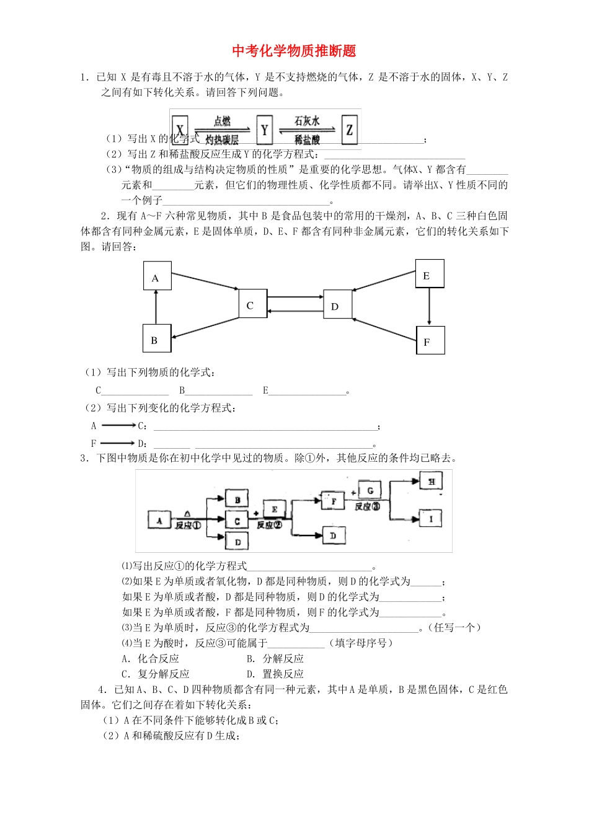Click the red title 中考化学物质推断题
(x=294, y=50)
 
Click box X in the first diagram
(x=180, y=130)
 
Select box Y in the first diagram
(x=265, y=130)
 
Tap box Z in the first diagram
(x=350, y=130)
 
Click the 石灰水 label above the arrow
(x=307, y=120)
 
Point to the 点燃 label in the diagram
(x=222, y=121)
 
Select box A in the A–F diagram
(x=156, y=278)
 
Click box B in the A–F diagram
(x=155, y=340)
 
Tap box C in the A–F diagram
(x=250, y=305)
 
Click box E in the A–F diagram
(x=428, y=275)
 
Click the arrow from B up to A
(x=156, y=308)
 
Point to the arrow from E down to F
(x=429, y=307)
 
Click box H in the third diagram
(x=432, y=481)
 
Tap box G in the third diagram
(x=370, y=491)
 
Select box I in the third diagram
(x=431, y=518)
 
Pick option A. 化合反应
(x=151, y=658)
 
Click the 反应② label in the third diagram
(x=269, y=525)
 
